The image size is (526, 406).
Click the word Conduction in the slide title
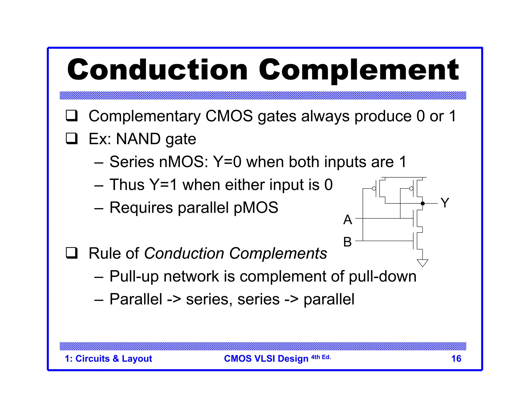click(x=157, y=70)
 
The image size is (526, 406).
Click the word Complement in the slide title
click(x=359, y=70)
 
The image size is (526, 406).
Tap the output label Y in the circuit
click(x=445, y=203)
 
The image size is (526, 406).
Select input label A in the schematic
click(x=348, y=220)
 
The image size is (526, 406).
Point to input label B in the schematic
click(x=347, y=242)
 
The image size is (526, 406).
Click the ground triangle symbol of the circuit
click(x=422, y=263)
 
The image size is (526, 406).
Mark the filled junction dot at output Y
click(x=423, y=204)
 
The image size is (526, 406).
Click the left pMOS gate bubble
click(x=374, y=189)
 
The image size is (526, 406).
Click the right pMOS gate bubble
click(x=411, y=189)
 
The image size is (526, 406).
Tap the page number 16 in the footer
click(x=456, y=359)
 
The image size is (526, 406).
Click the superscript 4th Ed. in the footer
click(x=321, y=357)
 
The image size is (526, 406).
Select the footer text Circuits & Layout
click(x=114, y=359)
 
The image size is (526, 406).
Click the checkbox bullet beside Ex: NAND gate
click(x=72, y=139)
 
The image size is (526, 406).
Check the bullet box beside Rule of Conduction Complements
click(x=72, y=253)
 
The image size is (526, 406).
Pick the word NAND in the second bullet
click(x=138, y=139)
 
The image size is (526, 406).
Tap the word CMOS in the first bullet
click(x=229, y=116)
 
